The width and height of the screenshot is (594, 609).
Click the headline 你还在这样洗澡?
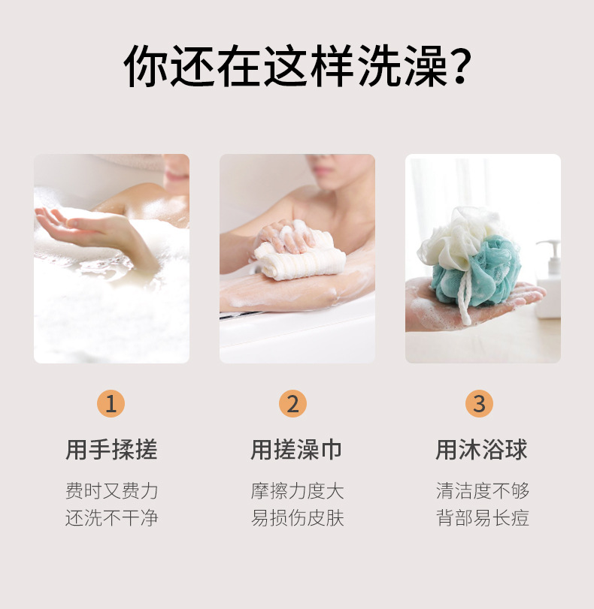pos(298,68)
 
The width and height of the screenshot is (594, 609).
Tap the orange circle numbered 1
pos(111,404)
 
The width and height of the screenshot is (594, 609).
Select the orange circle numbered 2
pos(292,404)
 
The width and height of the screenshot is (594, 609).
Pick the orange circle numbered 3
pos(479,404)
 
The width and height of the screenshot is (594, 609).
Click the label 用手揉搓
pos(111,450)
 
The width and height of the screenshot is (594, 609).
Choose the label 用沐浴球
pos(482,450)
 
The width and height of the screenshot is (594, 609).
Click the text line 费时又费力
pos(111,491)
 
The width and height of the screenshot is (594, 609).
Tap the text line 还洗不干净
pos(111,518)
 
